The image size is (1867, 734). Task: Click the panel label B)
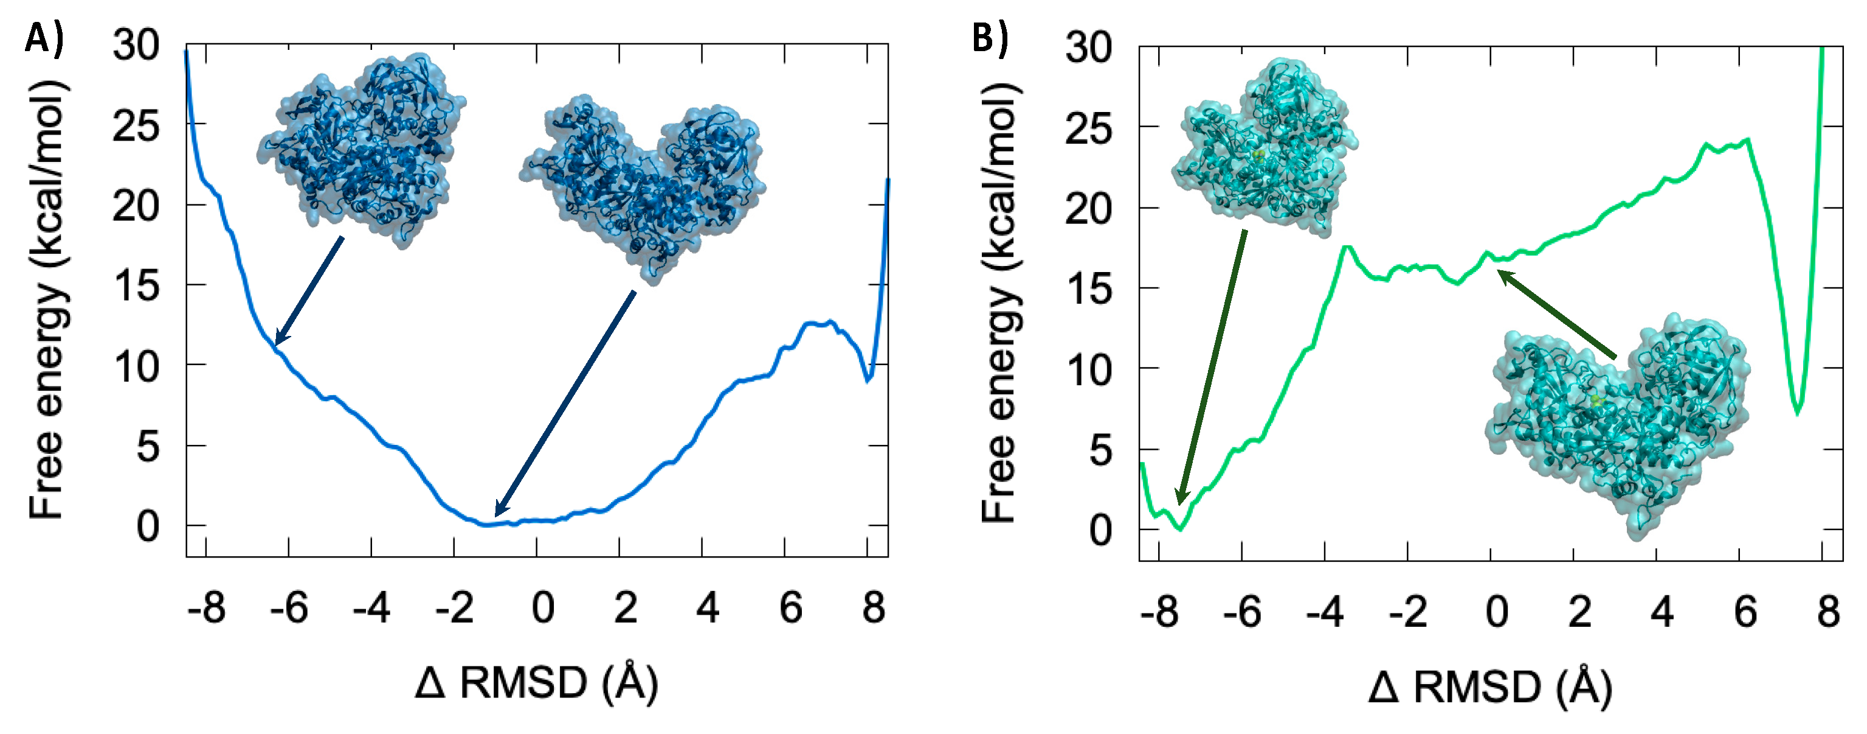coord(990,38)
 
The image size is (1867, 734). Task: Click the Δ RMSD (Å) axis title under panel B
coord(1490,687)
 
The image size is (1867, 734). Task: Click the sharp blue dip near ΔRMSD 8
coord(868,379)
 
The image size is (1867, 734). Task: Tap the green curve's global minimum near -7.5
coord(1180,529)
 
